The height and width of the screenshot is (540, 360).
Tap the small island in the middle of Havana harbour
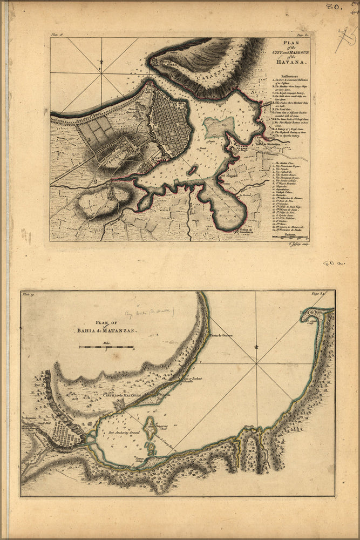point(192,170)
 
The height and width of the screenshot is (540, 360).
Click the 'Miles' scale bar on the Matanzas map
point(106,347)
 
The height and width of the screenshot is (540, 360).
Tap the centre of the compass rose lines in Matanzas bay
point(257,363)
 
